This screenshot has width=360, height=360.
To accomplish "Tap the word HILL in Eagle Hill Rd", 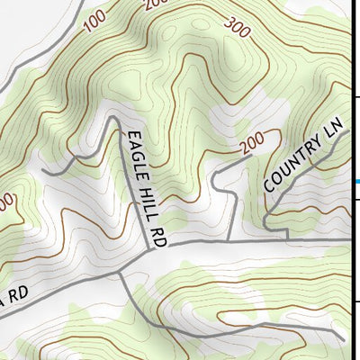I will pos(149,202).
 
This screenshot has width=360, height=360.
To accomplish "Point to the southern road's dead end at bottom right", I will pos(344,339).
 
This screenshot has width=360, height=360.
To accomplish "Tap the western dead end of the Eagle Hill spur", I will pos(42,171).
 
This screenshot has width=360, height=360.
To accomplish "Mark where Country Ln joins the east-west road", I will pos(288,239).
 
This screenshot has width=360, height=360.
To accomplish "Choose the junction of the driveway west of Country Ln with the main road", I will pos(229,241).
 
